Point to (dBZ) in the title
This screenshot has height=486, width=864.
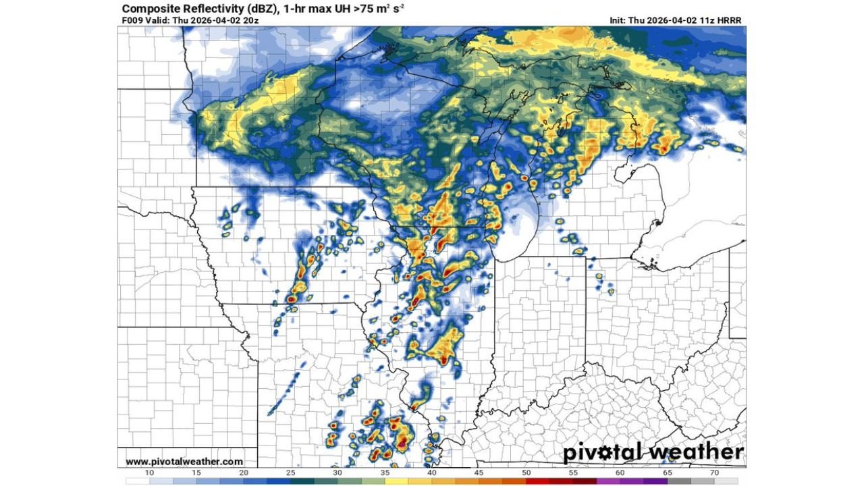click(x=263, y=9)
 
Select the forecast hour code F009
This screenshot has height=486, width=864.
click(x=133, y=20)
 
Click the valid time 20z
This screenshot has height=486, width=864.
click(x=250, y=20)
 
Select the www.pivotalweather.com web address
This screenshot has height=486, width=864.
click(x=184, y=462)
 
